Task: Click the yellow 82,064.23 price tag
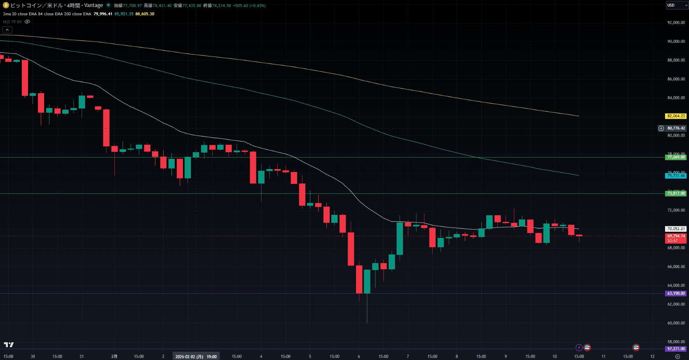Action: pos(676,116)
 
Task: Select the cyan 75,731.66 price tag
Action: pos(676,176)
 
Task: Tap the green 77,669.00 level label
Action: pos(676,157)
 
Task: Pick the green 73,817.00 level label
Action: pos(676,193)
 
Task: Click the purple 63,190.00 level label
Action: pos(676,294)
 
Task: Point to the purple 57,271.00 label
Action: pos(676,349)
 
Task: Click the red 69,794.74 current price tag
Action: pos(676,236)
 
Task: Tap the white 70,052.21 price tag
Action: pos(676,229)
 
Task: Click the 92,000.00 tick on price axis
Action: pos(676,23)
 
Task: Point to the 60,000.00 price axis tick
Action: pos(676,323)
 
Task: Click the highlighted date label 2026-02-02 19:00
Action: pos(196,357)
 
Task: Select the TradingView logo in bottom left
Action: pos(9,345)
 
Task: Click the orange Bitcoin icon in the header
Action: pos(6,5)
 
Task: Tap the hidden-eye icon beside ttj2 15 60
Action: pos(27,22)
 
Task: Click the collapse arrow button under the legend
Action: pos(7,30)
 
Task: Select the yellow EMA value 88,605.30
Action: pos(145,14)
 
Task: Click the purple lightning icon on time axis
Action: pos(579,348)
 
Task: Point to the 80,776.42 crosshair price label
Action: pos(676,128)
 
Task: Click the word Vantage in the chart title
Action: pos(94,5)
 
